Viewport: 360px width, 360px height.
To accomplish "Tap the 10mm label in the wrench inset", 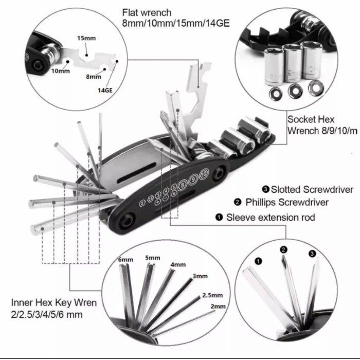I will click(x=60, y=70).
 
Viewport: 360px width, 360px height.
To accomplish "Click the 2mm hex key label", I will click(x=218, y=307).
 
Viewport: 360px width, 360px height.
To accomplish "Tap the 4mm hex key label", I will click(x=178, y=264).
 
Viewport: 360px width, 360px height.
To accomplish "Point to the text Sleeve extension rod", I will click(x=271, y=218).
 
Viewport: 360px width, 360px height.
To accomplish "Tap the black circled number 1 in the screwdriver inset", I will click(x=259, y=261).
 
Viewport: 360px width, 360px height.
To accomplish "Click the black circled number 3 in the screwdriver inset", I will click(x=312, y=254).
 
